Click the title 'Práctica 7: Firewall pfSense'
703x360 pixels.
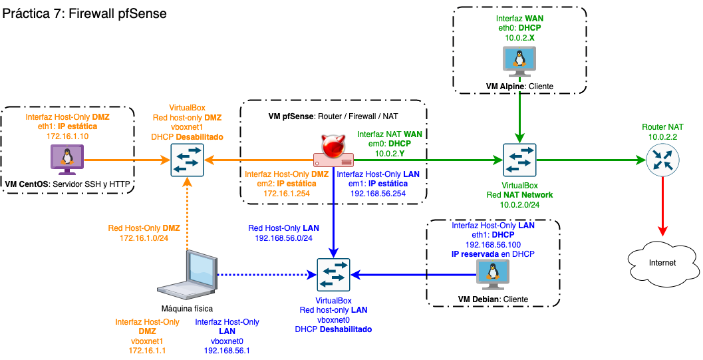point(84,13)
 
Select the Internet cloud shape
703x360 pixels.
point(662,262)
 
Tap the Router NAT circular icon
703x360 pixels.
point(662,160)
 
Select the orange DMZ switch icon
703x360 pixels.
point(188,160)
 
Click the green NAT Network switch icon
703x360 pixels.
point(520,160)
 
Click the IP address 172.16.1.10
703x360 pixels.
point(67,136)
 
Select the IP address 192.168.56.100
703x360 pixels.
point(493,244)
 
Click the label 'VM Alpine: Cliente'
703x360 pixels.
point(520,87)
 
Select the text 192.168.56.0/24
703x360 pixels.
point(281,238)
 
